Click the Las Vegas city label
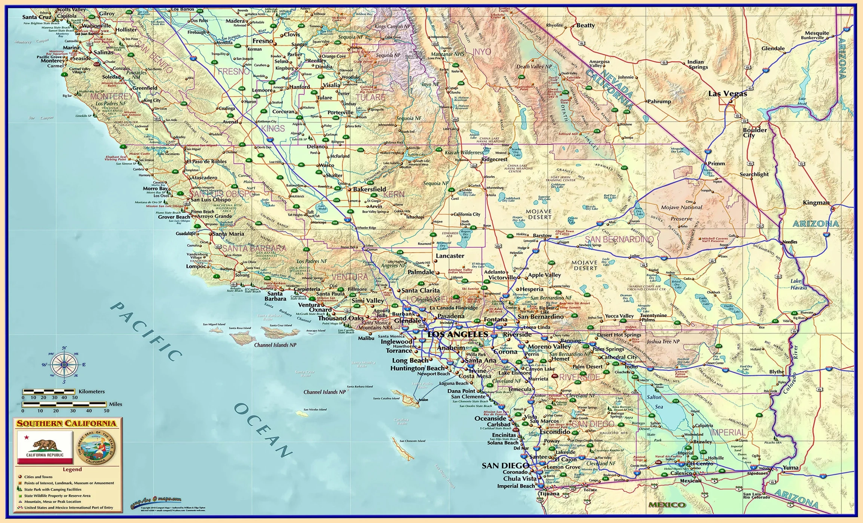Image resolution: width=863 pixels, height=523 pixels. coord(727,93)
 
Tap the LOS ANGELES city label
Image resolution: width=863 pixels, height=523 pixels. coord(457,334)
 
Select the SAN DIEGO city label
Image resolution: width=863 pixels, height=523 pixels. coord(505,465)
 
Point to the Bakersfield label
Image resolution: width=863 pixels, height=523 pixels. coord(369,189)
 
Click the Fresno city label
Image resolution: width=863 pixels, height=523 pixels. coord(263,41)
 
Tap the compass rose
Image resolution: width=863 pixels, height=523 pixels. coord(64,365)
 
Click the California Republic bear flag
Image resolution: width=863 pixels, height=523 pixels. coord(45,447)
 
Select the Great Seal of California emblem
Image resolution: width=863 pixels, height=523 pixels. coord(96,447)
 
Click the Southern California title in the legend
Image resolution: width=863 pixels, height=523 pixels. coord(66,423)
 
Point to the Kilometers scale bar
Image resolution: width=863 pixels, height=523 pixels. coord(49,392)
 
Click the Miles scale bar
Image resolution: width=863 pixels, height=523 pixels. coord(64,404)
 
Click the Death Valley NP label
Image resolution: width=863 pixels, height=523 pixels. coord(534,66)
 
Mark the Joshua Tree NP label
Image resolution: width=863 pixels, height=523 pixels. coord(663,341)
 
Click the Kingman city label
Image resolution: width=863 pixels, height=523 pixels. coord(816,202)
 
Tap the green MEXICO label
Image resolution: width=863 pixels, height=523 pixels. coord(667,505)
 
